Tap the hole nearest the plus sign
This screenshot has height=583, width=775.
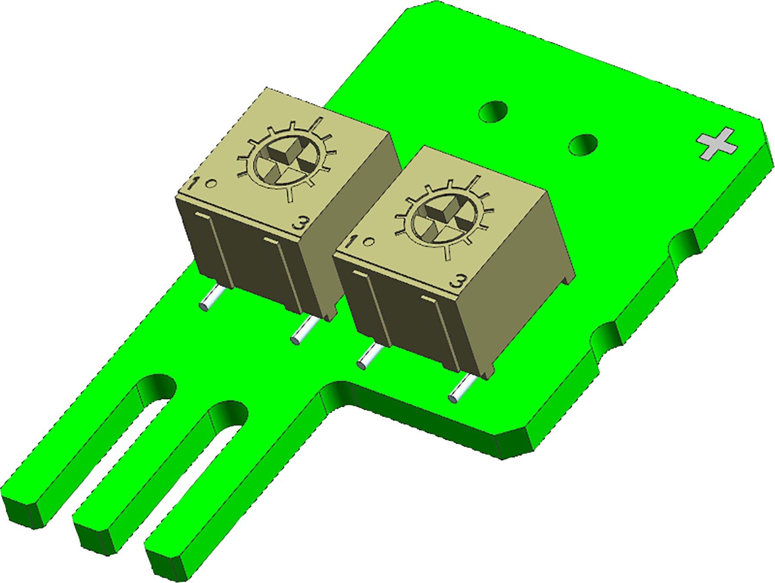click(x=583, y=145)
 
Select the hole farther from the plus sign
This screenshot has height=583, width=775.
click(x=493, y=111)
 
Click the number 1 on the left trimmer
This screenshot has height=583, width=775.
click(x=194, y=184)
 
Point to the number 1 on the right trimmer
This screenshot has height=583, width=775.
click(x=352, y=242)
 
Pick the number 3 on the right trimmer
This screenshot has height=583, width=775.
click(x=458, y=282)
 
